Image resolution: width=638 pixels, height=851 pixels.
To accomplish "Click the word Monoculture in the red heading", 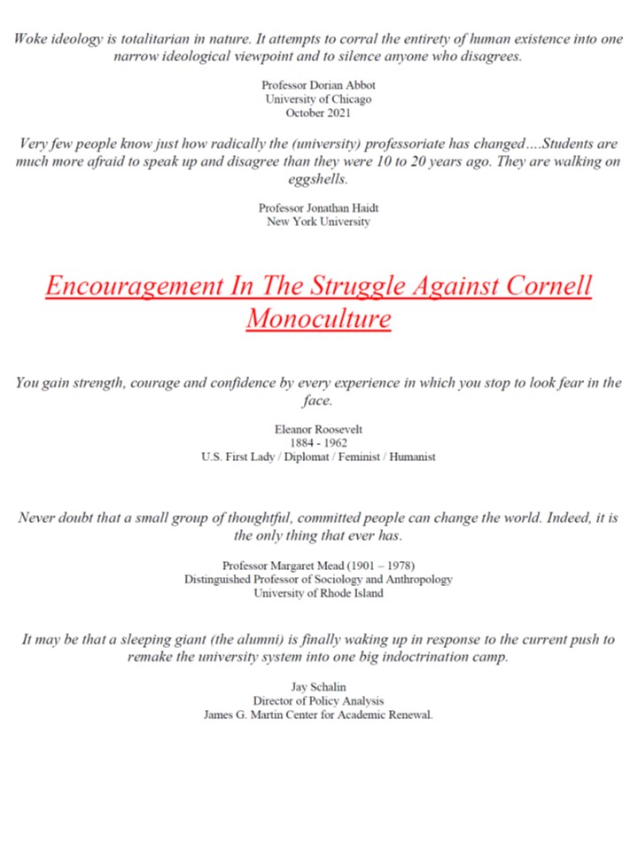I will point(318,317).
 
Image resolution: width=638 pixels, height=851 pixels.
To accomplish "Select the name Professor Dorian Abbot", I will point(318,84).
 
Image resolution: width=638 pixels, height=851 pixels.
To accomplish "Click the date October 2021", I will point(318,113).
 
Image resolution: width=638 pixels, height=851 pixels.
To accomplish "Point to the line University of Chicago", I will point(318,98).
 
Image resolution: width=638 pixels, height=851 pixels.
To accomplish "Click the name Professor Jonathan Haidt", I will point(318,207).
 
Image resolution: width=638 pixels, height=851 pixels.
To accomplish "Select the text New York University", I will point(318,222).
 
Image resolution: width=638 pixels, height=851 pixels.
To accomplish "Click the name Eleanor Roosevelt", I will point(318,429).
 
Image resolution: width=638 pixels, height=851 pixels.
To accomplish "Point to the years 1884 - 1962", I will point(318,443).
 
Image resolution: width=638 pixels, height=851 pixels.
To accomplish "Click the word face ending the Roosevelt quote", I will point(318,402).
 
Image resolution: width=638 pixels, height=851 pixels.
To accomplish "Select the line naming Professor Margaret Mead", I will point(318,566).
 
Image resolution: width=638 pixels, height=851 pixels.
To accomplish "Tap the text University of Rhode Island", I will point(318,594).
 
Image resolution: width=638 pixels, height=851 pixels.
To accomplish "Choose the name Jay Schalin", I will point(318,687).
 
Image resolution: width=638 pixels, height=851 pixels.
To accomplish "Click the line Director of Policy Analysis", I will point(318,701).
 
